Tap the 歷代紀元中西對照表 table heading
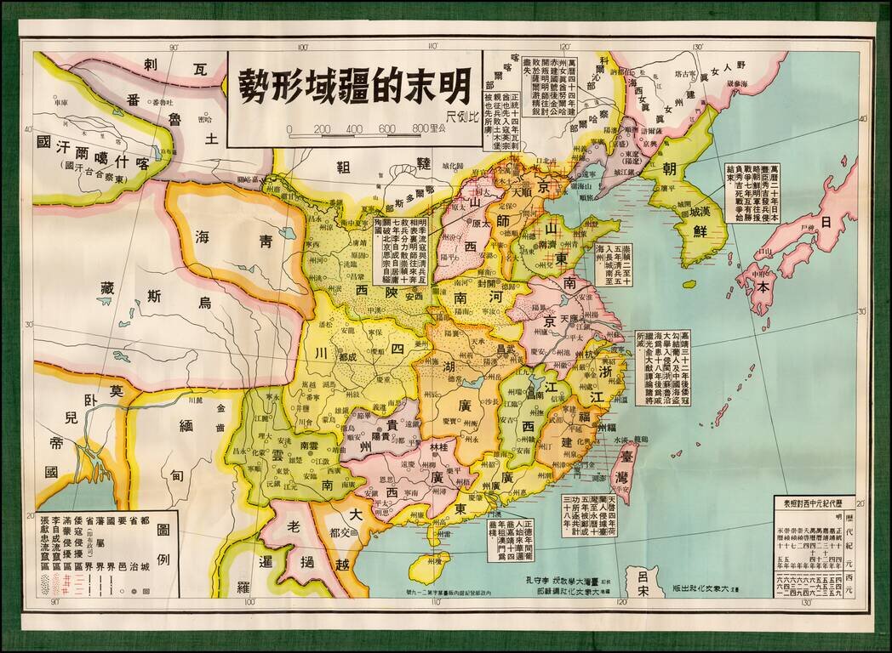coord(814,503)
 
